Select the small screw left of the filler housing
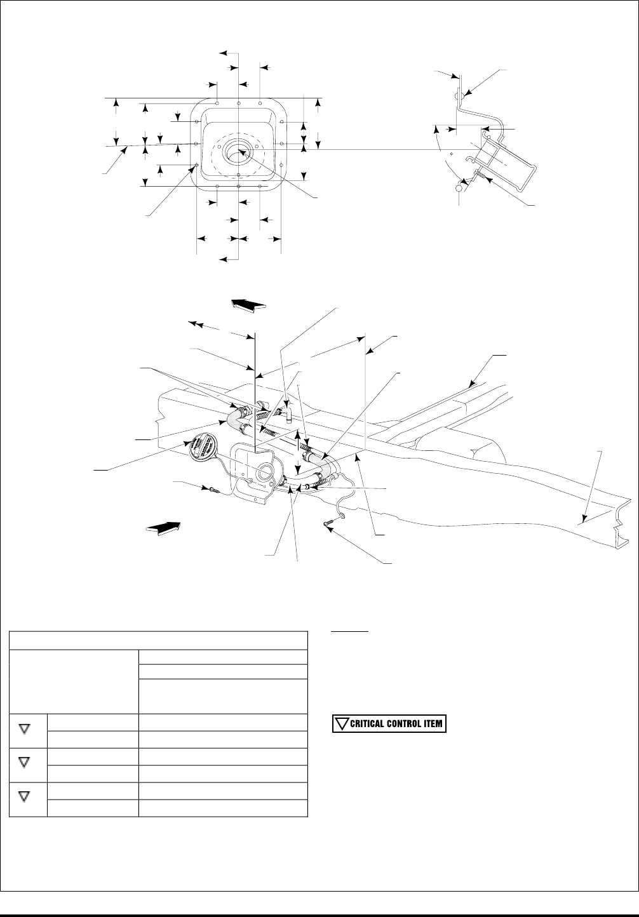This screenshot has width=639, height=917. point(213,490)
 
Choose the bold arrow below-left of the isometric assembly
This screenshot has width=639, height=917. point(163,526)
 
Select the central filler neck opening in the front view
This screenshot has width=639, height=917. point(238,151)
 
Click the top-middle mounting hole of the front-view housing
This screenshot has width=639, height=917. point(238,102)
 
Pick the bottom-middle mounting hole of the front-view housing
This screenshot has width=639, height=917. point(238,187)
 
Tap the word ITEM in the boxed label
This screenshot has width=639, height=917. point(433,724)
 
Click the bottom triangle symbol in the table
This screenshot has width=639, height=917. point(25,796)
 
